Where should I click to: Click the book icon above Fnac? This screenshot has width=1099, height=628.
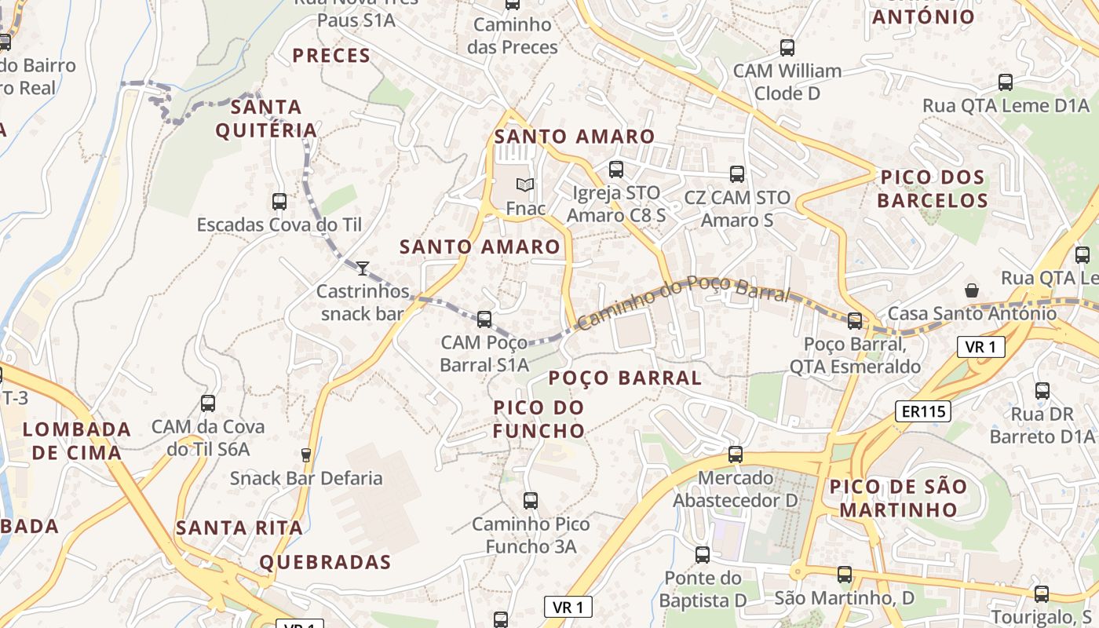524,184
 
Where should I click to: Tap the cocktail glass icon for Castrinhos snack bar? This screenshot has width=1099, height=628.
362,268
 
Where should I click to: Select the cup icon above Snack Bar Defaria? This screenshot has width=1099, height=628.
306,455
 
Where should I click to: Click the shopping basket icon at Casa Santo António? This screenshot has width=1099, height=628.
972,290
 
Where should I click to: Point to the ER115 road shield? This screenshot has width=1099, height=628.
923,411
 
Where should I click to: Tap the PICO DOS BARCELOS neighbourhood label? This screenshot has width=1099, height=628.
932,188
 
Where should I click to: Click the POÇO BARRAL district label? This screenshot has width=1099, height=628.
625,378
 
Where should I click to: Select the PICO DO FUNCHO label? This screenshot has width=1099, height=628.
539,418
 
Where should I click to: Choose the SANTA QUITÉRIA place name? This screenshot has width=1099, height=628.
267,119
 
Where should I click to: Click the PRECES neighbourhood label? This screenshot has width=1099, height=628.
331,56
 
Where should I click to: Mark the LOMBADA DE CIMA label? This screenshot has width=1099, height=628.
76,440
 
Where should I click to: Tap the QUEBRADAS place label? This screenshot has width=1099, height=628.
325,562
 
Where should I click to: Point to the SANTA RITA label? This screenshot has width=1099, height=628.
239,528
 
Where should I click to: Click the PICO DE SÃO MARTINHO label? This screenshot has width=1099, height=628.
898,498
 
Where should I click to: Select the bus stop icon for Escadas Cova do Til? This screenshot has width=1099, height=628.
279,201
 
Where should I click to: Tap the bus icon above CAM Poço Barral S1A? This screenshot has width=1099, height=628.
484,319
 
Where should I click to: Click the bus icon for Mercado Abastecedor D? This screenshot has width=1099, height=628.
735,454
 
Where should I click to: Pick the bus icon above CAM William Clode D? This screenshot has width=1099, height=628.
787,47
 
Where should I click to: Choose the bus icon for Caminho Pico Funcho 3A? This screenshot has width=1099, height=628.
530,500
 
